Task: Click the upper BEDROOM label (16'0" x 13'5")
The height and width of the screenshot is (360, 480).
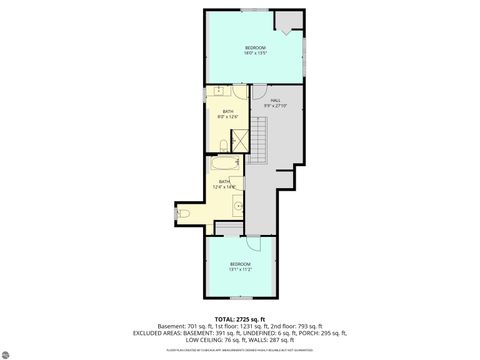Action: click(255, 51)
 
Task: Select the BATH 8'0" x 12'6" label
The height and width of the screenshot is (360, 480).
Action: click(228, 114)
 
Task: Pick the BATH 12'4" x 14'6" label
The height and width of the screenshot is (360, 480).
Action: click(225, 184)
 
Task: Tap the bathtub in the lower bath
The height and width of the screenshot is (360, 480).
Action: click(224, 163)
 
